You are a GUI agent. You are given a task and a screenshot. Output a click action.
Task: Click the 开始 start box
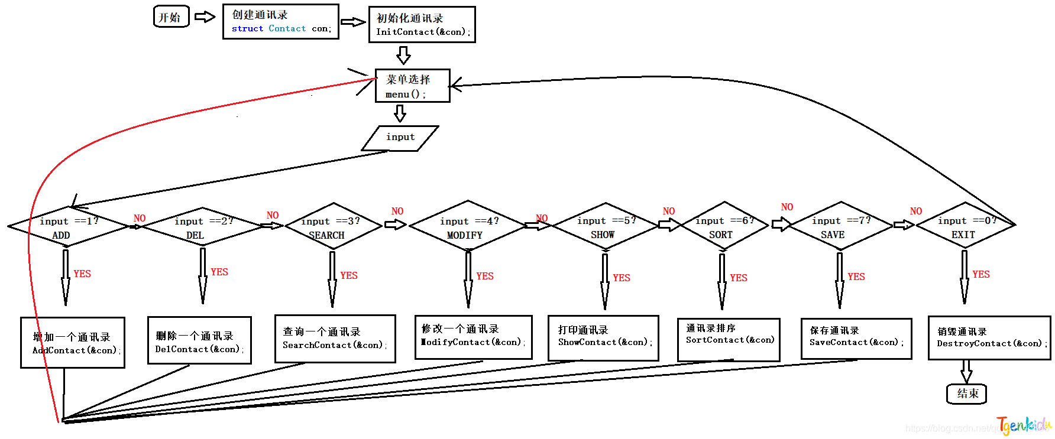point(171,17)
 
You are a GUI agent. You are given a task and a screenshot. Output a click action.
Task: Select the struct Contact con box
point(280,22)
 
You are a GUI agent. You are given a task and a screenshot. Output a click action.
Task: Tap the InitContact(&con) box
point(422,25)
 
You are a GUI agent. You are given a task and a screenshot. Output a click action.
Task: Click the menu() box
point(412,86)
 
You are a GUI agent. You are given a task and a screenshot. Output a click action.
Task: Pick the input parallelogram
point(400,138)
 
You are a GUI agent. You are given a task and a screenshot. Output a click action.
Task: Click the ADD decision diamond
point(69,227)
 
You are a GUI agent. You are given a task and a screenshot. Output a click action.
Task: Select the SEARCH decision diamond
point(333,227)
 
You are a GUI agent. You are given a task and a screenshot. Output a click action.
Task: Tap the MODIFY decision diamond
point(467,227)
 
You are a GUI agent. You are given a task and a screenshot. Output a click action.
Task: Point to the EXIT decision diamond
point(965,227)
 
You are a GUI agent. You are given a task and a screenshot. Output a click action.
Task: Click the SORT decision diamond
point(723,227)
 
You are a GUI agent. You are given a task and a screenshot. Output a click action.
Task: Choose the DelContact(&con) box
point(199,340)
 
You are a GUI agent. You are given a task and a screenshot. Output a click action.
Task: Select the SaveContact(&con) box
point(856,339)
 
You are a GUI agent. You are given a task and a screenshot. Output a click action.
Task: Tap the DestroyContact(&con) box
point(989,338)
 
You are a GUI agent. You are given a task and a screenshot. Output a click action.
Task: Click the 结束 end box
point(966,394)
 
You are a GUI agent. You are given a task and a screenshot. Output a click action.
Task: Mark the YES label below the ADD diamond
point(82,274)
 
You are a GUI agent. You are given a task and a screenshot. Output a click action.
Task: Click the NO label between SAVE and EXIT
point(915,212)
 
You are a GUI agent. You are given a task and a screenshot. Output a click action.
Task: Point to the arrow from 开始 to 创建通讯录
point(205,17)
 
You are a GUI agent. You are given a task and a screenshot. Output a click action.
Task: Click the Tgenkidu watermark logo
point(1023,425)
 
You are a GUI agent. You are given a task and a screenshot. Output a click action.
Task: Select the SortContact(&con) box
point(728,340)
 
